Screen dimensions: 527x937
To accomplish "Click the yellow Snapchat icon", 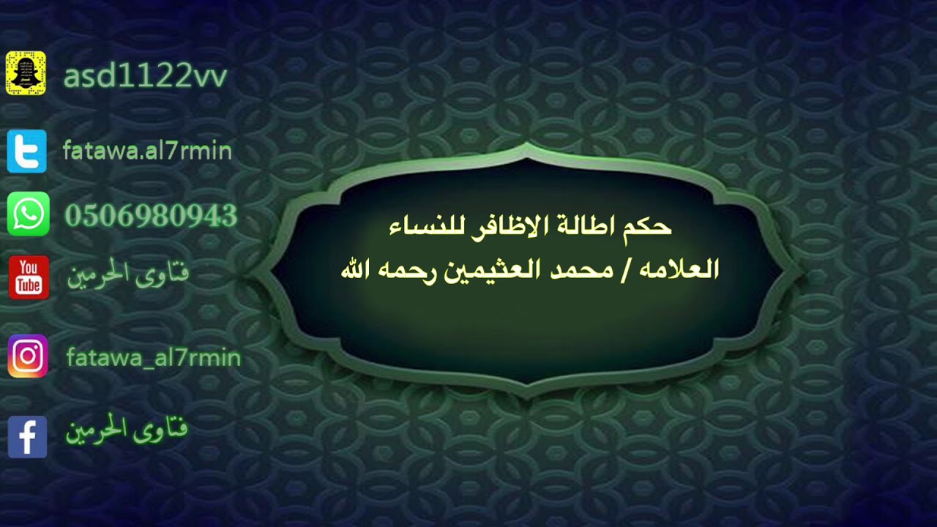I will (26, 73).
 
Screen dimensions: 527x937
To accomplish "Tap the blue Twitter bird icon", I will (27, 152).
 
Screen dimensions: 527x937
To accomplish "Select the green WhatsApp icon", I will (29, 214).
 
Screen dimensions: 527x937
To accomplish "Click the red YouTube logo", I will (29, 277).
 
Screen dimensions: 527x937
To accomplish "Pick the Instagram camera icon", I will (28, 356).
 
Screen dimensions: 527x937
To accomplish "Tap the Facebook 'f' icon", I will (27, 437).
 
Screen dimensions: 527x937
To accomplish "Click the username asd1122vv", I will (145, 76).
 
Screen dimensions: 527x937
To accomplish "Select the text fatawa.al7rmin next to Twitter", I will (147, 152).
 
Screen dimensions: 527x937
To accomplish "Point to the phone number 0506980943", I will (151, 216).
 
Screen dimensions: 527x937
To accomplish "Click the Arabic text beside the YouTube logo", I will (128, 275).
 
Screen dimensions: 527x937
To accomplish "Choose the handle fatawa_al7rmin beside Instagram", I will (153, 358).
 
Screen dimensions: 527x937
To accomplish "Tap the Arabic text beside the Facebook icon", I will (127, 430).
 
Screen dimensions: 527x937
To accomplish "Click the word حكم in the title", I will (646, 226).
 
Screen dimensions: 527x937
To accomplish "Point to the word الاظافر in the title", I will (501, 226).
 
